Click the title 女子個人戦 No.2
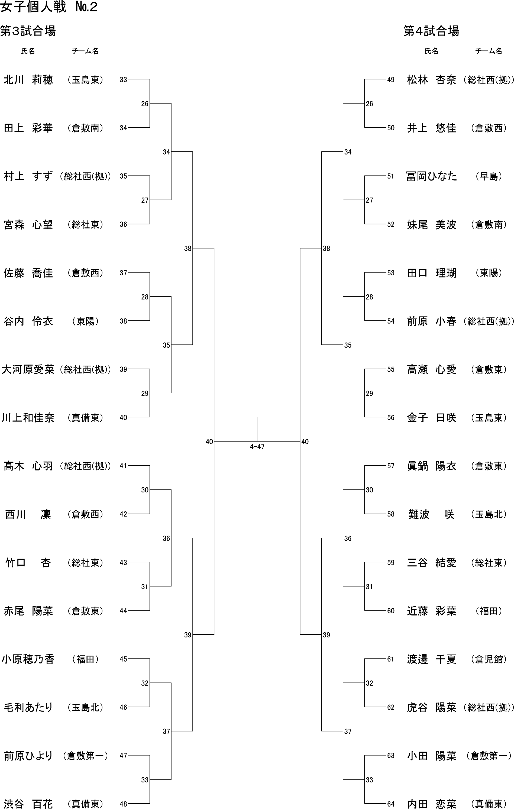point(49,7)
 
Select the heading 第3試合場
point(28,31)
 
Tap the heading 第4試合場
point(431,31)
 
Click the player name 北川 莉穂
point(28,80)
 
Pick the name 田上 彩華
point(28,128)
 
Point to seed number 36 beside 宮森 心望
point(123,224)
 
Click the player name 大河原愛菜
point(28,370)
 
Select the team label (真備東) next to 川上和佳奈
point(85,418)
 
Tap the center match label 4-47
point(257,446)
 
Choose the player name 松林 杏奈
point(431,80)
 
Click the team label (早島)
point(489,176)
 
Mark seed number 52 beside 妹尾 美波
point(391,224)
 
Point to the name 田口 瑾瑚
point(431,273)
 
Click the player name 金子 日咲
point(431,418)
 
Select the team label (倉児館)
point(489,659)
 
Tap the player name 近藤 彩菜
point(431,611)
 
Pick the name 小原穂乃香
point(28,659)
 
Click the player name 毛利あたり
point(28,707)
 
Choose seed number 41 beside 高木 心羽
point(123,466)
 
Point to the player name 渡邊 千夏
point(431,659)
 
